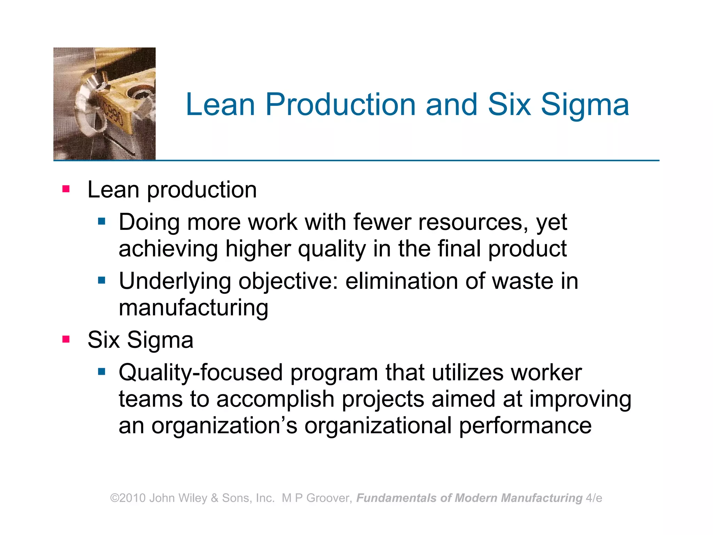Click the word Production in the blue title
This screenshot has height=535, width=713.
[340, 104]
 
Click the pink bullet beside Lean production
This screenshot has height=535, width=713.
[66, 189]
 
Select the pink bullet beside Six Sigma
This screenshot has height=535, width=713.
[66, 339]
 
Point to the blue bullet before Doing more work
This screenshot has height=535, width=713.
[102, 221]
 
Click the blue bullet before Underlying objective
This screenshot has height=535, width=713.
[102, 280]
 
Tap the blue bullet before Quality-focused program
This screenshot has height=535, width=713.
[102, 372]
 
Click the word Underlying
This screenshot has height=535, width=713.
[175, 281]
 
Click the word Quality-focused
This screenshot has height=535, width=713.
[201, 373]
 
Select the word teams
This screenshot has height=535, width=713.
[150, 399]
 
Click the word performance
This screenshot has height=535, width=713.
[525, 426]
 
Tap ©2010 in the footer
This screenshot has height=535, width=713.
[128, 498]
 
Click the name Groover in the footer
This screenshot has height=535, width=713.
[327, 498]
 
